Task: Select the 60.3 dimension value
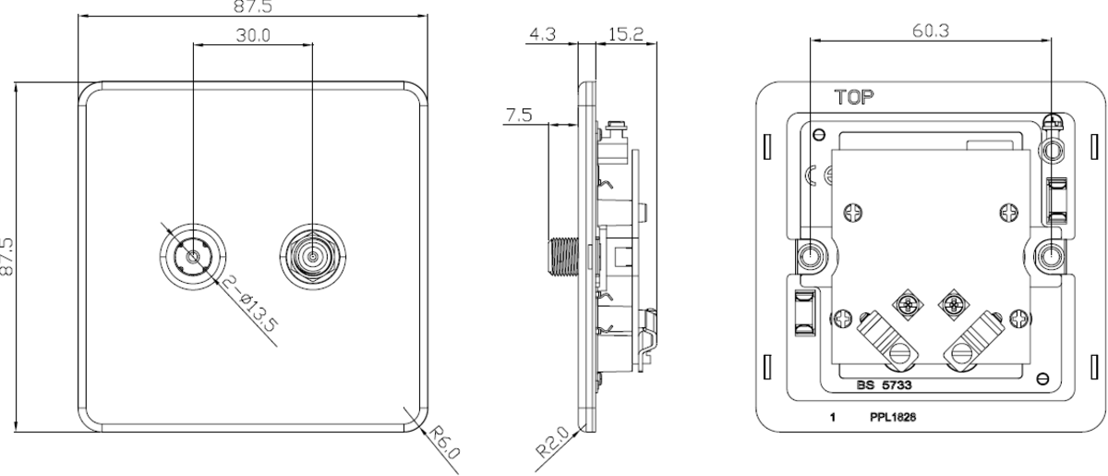tap(931, 30)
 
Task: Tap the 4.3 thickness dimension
tap(542, 35)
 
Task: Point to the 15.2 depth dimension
tap(627, 35)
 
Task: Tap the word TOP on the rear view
tap(855, 96)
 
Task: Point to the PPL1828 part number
tap(893, 417)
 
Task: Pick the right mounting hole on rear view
tap(1050, 254)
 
